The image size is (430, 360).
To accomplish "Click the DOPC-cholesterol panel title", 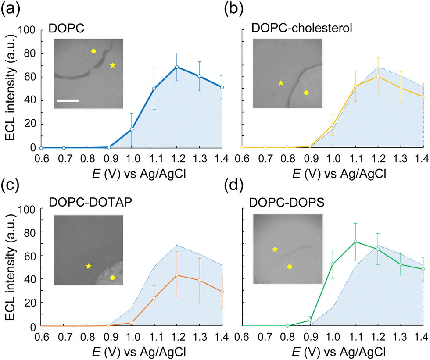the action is pos(302,28).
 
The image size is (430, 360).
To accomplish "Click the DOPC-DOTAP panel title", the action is pos(90,202).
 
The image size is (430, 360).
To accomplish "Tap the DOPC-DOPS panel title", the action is pos(287,203).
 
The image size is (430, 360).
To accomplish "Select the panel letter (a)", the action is pos(11,9).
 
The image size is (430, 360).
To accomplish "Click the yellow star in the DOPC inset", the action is pos(113,65).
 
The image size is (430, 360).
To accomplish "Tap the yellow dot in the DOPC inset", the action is pos(93,51).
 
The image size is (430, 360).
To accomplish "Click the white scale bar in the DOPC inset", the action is pos(68,100).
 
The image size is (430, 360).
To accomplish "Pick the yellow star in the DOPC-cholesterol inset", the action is pos(281,83).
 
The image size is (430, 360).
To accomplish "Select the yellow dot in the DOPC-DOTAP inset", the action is pos(112,278).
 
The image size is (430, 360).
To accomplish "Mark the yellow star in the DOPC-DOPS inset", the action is pos(275,250).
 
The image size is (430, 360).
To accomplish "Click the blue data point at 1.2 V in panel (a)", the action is pos(177,67).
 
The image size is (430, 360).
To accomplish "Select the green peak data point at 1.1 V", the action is pos(355,242).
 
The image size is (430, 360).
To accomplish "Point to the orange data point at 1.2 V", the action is pos(177,275).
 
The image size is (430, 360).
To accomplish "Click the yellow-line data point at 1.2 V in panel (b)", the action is pos(378,76).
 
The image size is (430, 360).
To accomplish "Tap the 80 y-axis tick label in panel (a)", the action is pos(30,53).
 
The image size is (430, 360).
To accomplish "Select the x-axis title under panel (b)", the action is pos(340,174).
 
